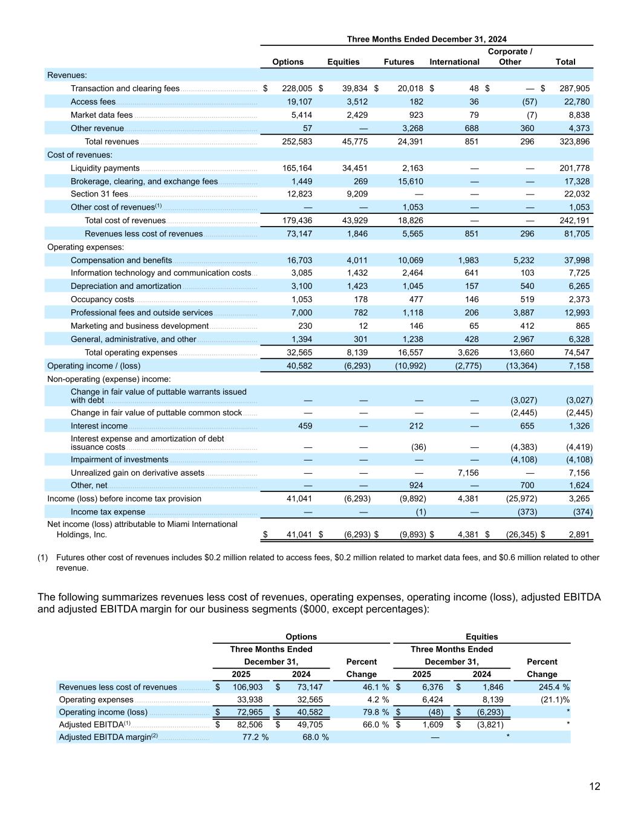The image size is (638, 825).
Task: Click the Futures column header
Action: click(x=399, y=62)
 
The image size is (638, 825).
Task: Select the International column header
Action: click(x=454, y=62)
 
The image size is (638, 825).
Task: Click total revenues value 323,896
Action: click(x=573, y=141)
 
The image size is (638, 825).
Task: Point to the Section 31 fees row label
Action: click(x=99, y=194)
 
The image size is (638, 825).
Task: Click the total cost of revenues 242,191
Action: click(x=573, y=221)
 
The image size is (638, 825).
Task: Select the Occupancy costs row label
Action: click(x=102, y=299)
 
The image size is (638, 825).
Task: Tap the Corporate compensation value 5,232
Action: click(x=524, y=260)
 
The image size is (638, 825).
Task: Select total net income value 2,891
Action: click(x=578, y=534)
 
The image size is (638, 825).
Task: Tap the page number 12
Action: click(x=594, y=786)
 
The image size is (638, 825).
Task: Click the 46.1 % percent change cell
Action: click(x=372, y=687)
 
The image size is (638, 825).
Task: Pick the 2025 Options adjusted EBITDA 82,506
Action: click(x=248, y=725)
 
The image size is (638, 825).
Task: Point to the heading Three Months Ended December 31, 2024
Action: click(x=426, y=39)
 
